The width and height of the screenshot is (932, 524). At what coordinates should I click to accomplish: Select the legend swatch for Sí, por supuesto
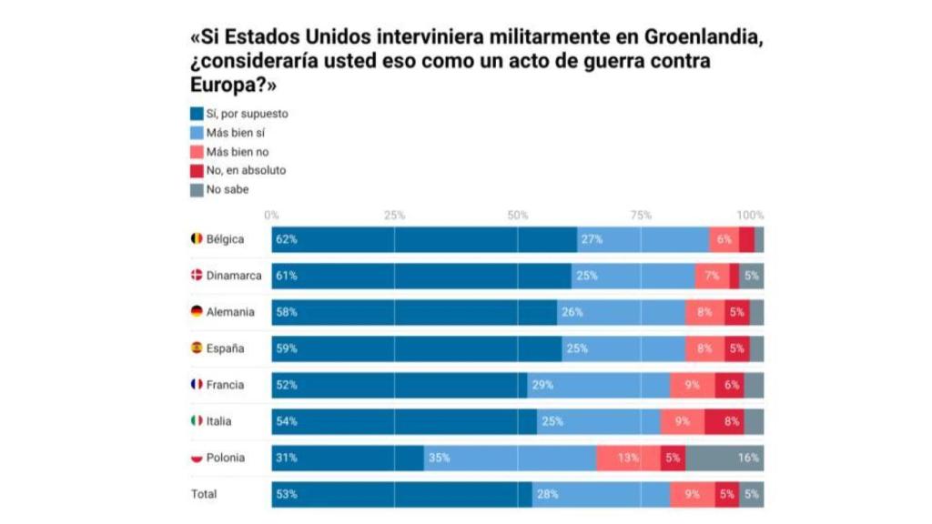[196, 114]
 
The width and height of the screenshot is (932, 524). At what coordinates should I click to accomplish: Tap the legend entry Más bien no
[238, 152]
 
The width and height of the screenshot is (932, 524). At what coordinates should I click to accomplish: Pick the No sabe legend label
[228, 189]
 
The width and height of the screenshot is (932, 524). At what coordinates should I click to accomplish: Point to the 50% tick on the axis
[517, 216]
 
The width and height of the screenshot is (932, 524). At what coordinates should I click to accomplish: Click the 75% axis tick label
[641, 216]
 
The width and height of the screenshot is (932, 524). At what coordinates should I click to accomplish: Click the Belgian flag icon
[196, 239]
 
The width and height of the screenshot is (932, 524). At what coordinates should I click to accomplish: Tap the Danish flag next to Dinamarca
[196, 276]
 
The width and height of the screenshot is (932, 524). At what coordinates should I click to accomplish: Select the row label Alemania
[230, 312]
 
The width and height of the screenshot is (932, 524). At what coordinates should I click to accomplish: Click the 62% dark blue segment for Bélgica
[424, 239]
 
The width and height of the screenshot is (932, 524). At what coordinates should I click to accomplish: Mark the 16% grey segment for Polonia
[724, 458]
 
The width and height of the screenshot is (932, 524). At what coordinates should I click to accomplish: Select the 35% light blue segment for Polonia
[510, 458]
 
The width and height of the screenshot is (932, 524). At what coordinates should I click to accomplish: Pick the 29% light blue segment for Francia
[598, 385]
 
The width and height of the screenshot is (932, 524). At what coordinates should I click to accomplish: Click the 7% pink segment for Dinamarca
[711, 276]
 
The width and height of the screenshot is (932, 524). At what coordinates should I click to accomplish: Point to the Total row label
[204, 494]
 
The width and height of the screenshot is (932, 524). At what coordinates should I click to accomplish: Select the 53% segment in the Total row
[401, 494]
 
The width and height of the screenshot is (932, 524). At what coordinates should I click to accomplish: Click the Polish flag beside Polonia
[196, 458]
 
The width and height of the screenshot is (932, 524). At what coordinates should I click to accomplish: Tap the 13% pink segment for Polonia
[628, 458]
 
